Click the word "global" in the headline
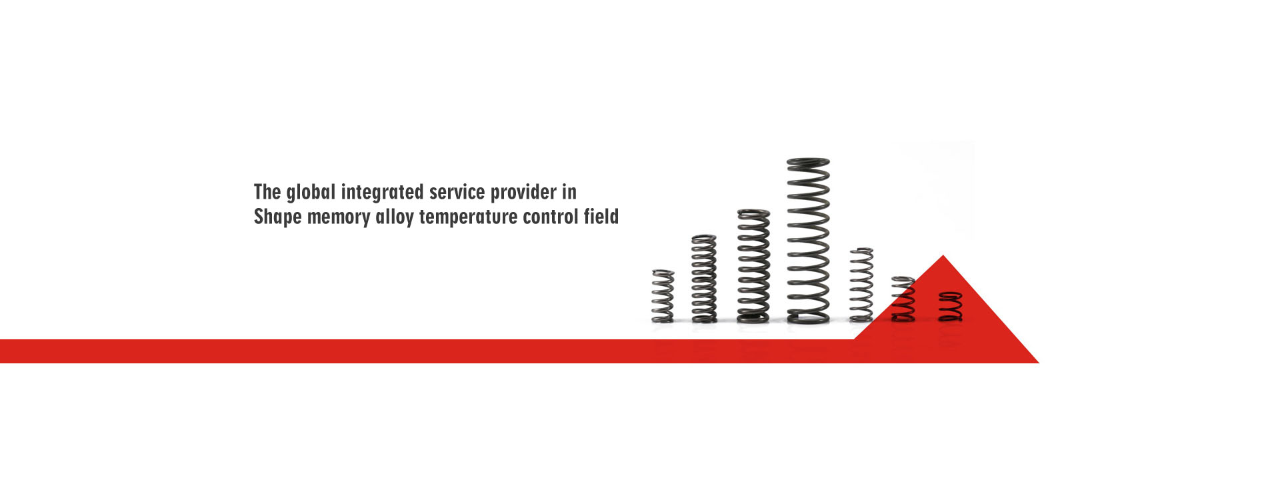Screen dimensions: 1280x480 [x=311, y=193]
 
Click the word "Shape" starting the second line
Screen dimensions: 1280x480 [x=277, y=217]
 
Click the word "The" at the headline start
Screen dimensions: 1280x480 [x=267, y=192]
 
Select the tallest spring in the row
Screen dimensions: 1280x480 [x=808, y=241]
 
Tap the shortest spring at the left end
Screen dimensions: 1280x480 [x=663, y=297]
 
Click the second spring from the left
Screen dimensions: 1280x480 [x=704, y=279]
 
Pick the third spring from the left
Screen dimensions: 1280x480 [x=753, y=267]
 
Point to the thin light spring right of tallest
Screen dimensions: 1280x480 [x=861, y=285]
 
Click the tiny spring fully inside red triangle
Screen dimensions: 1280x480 [x=950, y=307]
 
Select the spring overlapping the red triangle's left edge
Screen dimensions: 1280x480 [x=903, y=299]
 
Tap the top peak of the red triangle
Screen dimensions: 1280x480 [x=943, y=255]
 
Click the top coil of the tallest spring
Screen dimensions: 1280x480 [x=808, y=162]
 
